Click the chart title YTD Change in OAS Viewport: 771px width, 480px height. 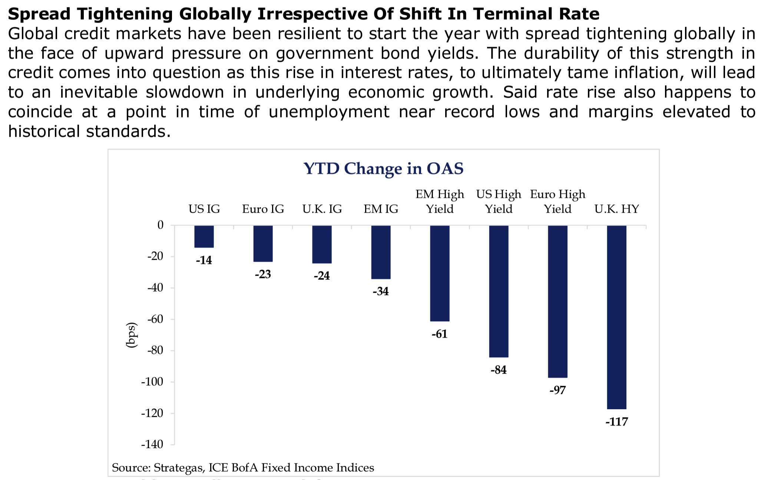383,169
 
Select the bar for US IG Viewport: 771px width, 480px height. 204,236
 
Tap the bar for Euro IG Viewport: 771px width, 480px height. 263,243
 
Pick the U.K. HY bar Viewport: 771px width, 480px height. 616,317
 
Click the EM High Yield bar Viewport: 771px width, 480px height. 440,273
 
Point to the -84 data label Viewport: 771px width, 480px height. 499,370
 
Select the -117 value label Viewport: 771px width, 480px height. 616,422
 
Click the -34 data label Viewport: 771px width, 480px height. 381,291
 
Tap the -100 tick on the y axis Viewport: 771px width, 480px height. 152,382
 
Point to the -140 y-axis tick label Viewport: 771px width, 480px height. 152,444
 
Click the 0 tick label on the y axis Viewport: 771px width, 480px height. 160,225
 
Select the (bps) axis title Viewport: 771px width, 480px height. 132,335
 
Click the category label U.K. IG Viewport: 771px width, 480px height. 322,209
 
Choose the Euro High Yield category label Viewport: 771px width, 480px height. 557,202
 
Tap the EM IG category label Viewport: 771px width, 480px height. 381,209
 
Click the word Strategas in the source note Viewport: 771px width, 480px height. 178,468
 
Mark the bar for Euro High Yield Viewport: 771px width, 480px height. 557,301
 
